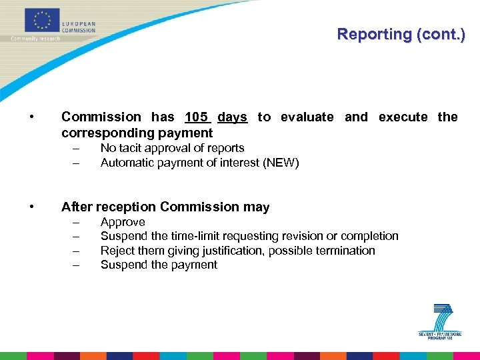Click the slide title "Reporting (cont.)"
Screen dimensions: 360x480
(x=400, y=34)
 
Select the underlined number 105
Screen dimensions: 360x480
(x=197, y=117)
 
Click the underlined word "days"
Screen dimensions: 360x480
(x=232, y=117)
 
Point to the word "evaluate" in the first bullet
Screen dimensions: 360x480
(x=307, y=117)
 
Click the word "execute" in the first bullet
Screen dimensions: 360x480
(x=403, y=117)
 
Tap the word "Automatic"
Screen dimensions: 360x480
(x=126, y=163)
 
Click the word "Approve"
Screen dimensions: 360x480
(x=123, y=222)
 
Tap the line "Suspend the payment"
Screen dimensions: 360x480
(x=159, y=265)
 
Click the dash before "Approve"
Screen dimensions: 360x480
(x=77, y=222)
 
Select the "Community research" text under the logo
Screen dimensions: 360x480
(x=35, y=38)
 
